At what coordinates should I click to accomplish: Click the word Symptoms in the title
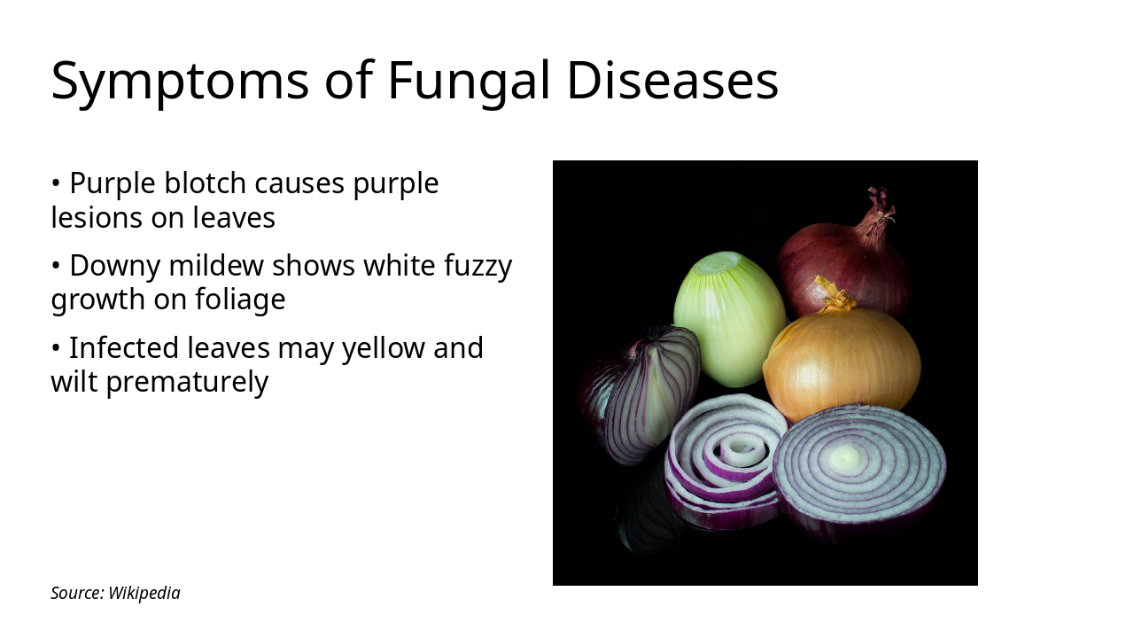(x=180, y=82)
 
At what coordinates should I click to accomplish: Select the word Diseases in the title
(x=672, y=82)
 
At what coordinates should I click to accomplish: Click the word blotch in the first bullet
(x=206, y=183)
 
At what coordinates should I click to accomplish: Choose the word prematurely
(x=187, y=382)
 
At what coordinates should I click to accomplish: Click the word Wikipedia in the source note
(x=144, y=593)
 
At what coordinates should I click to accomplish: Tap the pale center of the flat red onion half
(x=846, y=457)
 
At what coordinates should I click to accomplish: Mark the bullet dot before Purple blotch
(x=56, y=184)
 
